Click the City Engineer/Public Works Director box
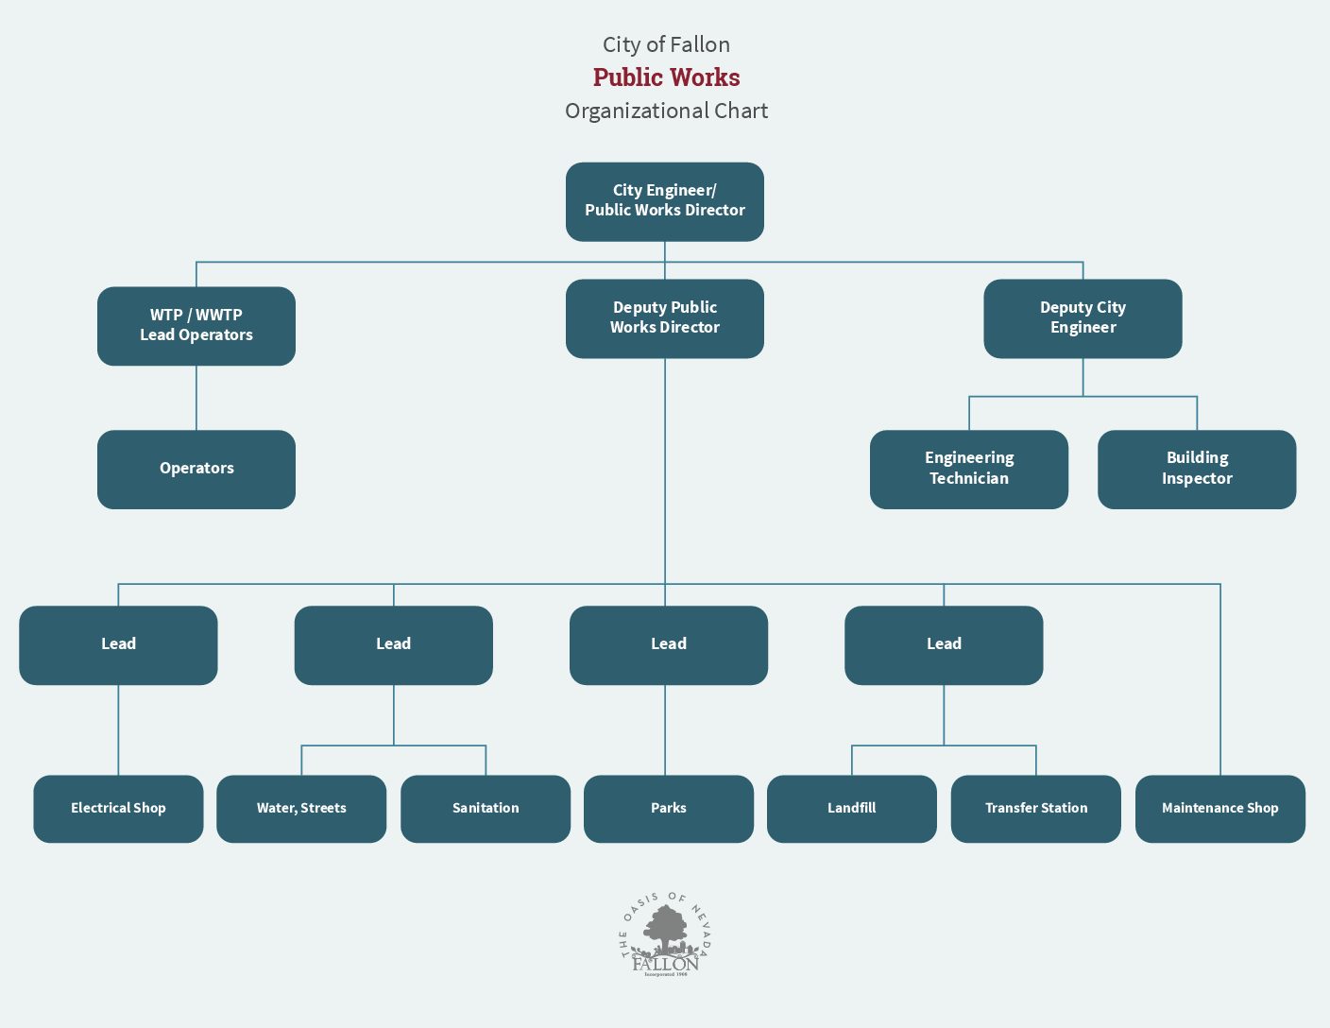[x=665, y=201]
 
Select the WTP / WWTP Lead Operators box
[x=196, y=326]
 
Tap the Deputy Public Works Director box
[x=665, y=318]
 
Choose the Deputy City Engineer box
[x=1083, y=318]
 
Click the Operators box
[x=196, y=469]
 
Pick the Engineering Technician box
[x=969, y=469]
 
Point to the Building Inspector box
[x=1197, y=469]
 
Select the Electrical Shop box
[x=118, y=809]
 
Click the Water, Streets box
[x=301, y=809]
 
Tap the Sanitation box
[x=486, y=809]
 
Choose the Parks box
[x=669, y=809]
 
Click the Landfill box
[x=851, y=809]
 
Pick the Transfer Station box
[x=1035, y=809]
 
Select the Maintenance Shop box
[x=1219, y=809]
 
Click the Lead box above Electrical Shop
[x=118, y=645]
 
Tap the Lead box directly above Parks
[x=669, y=645]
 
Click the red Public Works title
[x=666, y=77]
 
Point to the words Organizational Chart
[x=666, y=111]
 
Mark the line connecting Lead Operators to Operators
[x=196, y=398]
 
